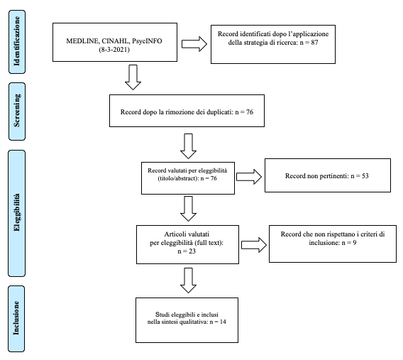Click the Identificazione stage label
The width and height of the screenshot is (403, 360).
click(17, 42)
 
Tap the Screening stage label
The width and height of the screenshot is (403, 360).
click(17, 111)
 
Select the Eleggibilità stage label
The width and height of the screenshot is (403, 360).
click(17, 214)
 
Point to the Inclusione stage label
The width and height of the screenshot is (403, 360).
click(16, 319)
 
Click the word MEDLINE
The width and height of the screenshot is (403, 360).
click(82, 41)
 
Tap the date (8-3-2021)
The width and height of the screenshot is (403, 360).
click(114, 50)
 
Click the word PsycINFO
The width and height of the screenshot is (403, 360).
click(147, 41)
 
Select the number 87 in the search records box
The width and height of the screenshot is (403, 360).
click(314, 43)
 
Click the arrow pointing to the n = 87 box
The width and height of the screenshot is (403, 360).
click(194, 44)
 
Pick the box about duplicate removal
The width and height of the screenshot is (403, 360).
click(187, 111)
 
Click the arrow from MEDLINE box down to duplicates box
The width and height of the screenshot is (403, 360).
click(133, 77)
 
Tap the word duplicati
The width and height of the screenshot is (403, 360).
click(220, 112)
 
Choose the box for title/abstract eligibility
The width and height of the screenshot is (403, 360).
click(188, 178)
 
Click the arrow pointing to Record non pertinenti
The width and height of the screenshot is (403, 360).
click(249, 177)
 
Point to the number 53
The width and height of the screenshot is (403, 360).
click(365, 176)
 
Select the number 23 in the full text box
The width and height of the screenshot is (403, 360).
click(192, 251)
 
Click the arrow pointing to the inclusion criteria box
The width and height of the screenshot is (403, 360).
click(254, 245)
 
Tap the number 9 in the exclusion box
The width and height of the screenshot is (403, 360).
click(355, 243)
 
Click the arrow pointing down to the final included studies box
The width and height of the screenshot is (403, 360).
click(189, 280)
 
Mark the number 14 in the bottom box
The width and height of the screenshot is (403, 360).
click(223, 322)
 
